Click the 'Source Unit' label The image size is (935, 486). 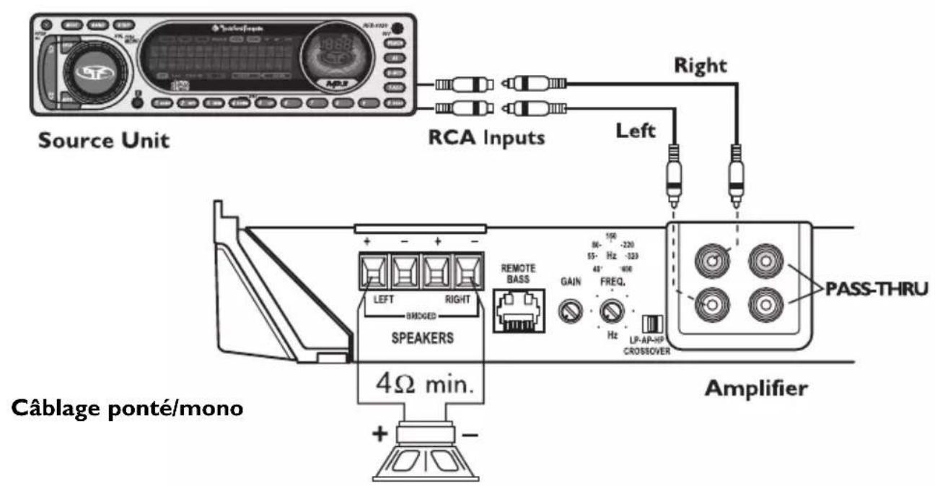[x=104, y=139]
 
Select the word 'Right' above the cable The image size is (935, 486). [x=700, y=65]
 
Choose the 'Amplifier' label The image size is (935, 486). [x=755, y=388]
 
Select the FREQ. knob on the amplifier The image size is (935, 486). [x=612, y=311]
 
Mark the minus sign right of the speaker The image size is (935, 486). [x=469, y=434]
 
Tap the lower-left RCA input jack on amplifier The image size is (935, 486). [x=711, y=305]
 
